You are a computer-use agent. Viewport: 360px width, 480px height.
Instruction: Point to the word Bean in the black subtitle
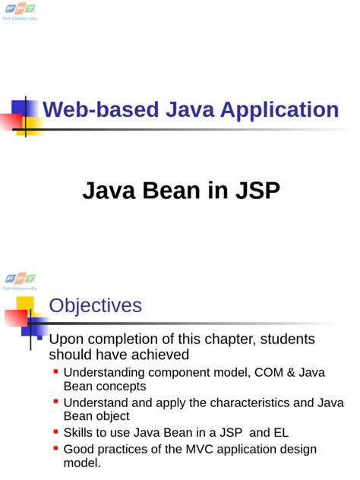coord(166,191)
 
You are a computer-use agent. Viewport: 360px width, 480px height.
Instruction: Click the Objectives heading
coord(95,305)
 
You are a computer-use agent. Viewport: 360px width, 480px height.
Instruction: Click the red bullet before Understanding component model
coord(56,371)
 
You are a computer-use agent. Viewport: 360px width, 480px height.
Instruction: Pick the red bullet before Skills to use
coord(56,431)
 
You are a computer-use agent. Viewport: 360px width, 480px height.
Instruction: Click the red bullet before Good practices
coord(56,448)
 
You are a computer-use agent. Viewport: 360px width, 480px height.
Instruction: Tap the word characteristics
coord(248,403)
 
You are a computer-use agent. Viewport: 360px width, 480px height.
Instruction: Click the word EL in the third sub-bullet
coord(280,433)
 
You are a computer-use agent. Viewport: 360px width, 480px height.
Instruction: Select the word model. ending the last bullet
coord(82,463)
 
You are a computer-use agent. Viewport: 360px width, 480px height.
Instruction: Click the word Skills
coord(80,433)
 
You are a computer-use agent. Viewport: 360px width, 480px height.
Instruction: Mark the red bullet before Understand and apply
coord(56,402)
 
